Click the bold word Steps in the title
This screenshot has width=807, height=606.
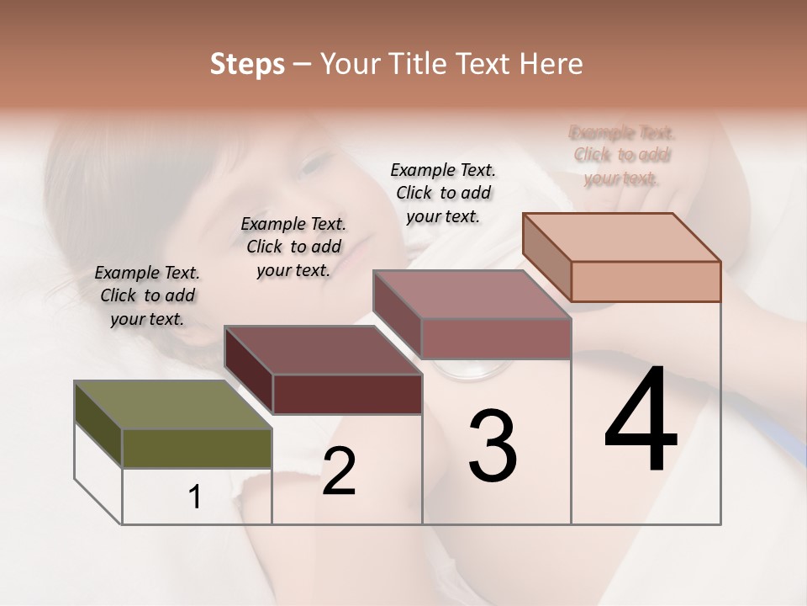(x=247, y=64)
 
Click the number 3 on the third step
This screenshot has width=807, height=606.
(x=493, y=446)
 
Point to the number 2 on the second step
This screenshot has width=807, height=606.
(x=339, y=471)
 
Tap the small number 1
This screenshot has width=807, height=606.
(x=195, y=497)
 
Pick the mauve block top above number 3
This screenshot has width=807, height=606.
(x=471, y=294)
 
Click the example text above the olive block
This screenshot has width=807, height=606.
(x=147, y=295)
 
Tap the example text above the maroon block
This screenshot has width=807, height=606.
(x=293, y=247)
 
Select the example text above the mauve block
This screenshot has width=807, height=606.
(x=443, y=193)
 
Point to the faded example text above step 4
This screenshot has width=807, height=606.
(x=622, y=155)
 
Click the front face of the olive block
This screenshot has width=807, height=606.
(x=197, y=448)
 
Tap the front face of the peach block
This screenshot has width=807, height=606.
(x=646, y=281)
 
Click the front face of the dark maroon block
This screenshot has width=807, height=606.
(x=347, y=394)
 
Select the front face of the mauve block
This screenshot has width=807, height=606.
(x=496, y=338)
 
